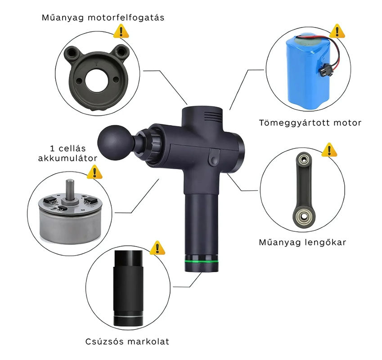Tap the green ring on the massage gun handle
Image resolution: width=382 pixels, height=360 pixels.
click(x=202, y=261)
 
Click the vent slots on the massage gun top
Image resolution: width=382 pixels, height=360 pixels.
click(x=213, y=117)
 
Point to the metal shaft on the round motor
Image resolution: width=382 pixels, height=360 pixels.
click(x=70, y=189)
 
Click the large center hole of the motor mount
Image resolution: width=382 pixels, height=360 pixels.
click(x=97, y=81)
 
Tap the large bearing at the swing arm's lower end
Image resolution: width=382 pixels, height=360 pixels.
click(x=303, y=216)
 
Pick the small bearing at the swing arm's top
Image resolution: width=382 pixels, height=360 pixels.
click(x=304, y=160)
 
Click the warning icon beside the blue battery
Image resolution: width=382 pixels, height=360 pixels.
click(x=337, y=31)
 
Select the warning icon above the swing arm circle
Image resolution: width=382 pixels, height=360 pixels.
click(x=329, y=149)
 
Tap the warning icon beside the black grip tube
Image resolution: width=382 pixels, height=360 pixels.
click(x=157, y=248)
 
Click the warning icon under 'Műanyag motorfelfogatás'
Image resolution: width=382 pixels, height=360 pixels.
click(x=121, y=31)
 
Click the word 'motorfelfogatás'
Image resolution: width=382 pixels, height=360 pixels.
click(x=126, y=18)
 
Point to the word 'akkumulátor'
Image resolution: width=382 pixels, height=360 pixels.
click(x=67, y=158)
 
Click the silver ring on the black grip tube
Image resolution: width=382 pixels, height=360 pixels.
click(x=128, y=317)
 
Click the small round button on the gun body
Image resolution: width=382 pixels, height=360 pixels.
click(x=214, y=160)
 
